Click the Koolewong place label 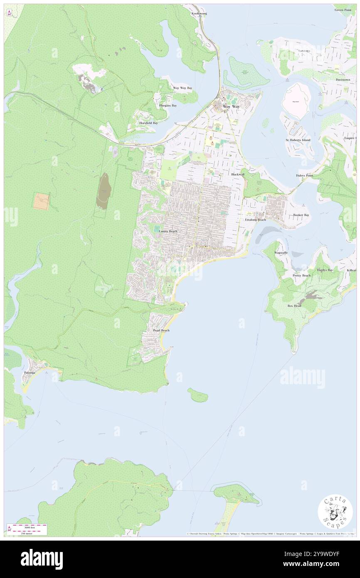click(x=199, y=14)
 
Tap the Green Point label click(x=343, y=10)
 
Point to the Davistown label click(x=343, y=79)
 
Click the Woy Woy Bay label click(x=182, y=88)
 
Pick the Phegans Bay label click(x=168, y=106)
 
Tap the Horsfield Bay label click(x=148, y=123)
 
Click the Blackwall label click(x=238, y=175)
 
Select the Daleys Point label click(x=304, y=175)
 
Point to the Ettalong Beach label click(x=255, y=219)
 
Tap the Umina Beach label click(x=168, y=231)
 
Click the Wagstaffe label click(x=281, y=253)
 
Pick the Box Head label click(x=294, y=306)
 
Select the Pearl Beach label click(x=161, y=331)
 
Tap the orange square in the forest click(x=41, y=201)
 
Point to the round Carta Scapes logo click(x=335, y=512)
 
